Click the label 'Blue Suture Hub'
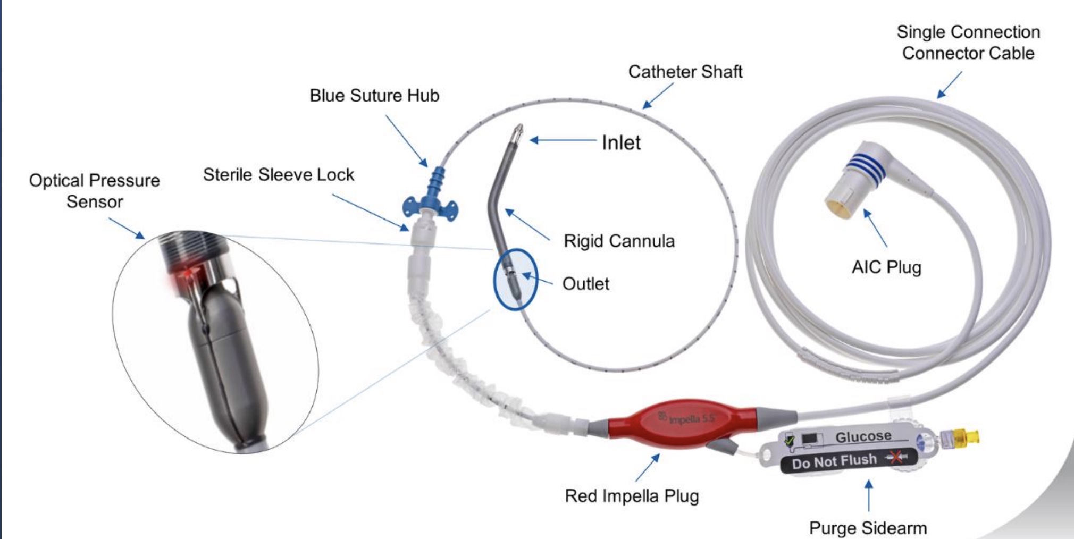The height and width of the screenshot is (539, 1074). pyautogui.click(x=374, y=96)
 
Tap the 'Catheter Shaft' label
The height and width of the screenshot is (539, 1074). pyautogui.click(x=685, y=72)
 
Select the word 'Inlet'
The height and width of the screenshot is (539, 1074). pyautogui.click(x=621, y=142)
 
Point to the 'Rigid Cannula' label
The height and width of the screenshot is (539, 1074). pyautogui.click(x=619, y=241)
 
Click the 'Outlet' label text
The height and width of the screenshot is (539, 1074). pyautogui.click(x=585, y=284)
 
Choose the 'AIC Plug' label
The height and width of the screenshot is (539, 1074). pyautogui.click(x=886, y=267)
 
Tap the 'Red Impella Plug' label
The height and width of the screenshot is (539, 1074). pyautogui.click(x=632, y=496)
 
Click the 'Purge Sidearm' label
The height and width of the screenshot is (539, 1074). pyautogui.click(x=868, y=528)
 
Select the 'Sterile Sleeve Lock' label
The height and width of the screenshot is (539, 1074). pyautogui.click(x=279, y=175)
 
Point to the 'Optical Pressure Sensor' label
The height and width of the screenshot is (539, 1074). pyautogui.click(x=95, y=191)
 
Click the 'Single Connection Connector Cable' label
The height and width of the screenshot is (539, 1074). pyautogui.click(x=968, y=43)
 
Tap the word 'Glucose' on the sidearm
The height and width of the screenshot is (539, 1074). pyautogui.click(x=863, y=437)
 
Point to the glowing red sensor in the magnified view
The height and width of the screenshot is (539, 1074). pyautogui.click(x=186, y=274)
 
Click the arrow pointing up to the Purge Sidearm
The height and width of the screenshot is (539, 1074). pyautogui.click(x=869, y=495)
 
